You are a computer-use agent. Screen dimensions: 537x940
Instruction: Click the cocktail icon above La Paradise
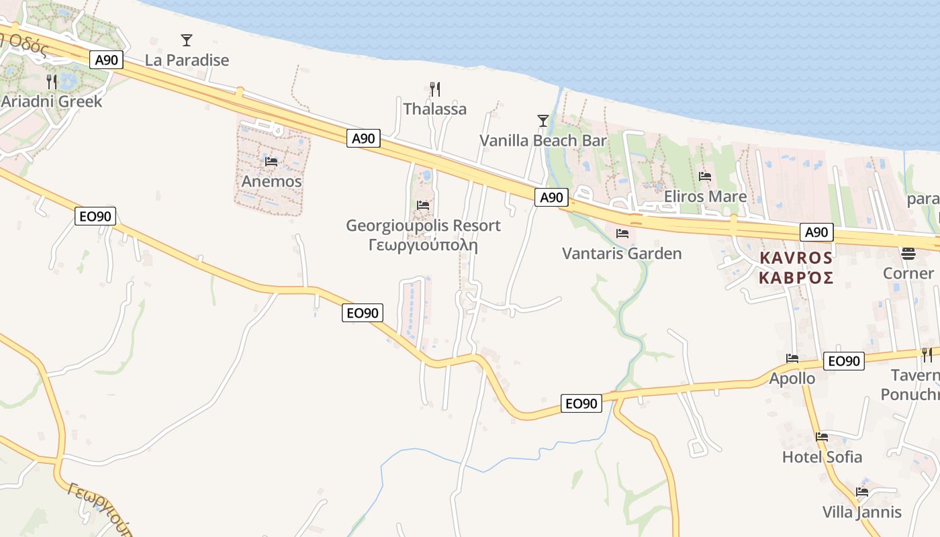(x=187, y=40)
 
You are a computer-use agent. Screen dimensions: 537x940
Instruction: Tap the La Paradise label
(x=187, y=60)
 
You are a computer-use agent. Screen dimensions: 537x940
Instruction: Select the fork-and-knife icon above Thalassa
(x=434, y=89)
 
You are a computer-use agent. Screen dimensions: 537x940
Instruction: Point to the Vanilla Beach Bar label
(x=543, y=141)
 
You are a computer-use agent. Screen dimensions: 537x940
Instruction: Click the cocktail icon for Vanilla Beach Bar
(x=543, y=121)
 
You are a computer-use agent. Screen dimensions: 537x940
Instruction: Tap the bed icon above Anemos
(x=271, y=162)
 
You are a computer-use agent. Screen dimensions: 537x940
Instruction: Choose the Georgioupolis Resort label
(x=423, y=226)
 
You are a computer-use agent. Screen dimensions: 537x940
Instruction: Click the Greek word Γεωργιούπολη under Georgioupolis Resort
(x=423, y=245)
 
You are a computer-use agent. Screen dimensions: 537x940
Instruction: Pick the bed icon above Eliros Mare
(x=705, y=177)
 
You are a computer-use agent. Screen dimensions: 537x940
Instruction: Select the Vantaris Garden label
(x=622, y=254)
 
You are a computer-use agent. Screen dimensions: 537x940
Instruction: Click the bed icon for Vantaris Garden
(x=622, y=234)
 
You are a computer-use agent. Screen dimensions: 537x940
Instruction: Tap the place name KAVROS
(x=796, y=258)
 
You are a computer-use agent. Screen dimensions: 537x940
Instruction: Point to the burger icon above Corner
(x=908, y=253)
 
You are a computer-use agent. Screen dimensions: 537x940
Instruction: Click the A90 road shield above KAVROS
(x=816, y=232)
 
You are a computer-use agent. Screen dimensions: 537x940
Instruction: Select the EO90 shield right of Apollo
(x=844, y=361)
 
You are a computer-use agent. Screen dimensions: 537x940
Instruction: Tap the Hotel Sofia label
(x=822, y=457)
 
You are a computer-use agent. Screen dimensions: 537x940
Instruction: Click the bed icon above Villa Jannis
(x=862, y=492)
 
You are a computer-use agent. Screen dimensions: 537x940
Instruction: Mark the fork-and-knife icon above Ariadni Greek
(x=52, y=81)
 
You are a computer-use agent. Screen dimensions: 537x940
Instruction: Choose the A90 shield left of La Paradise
(x=107, y=60)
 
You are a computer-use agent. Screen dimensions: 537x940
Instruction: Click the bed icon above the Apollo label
(x=792, y=358)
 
